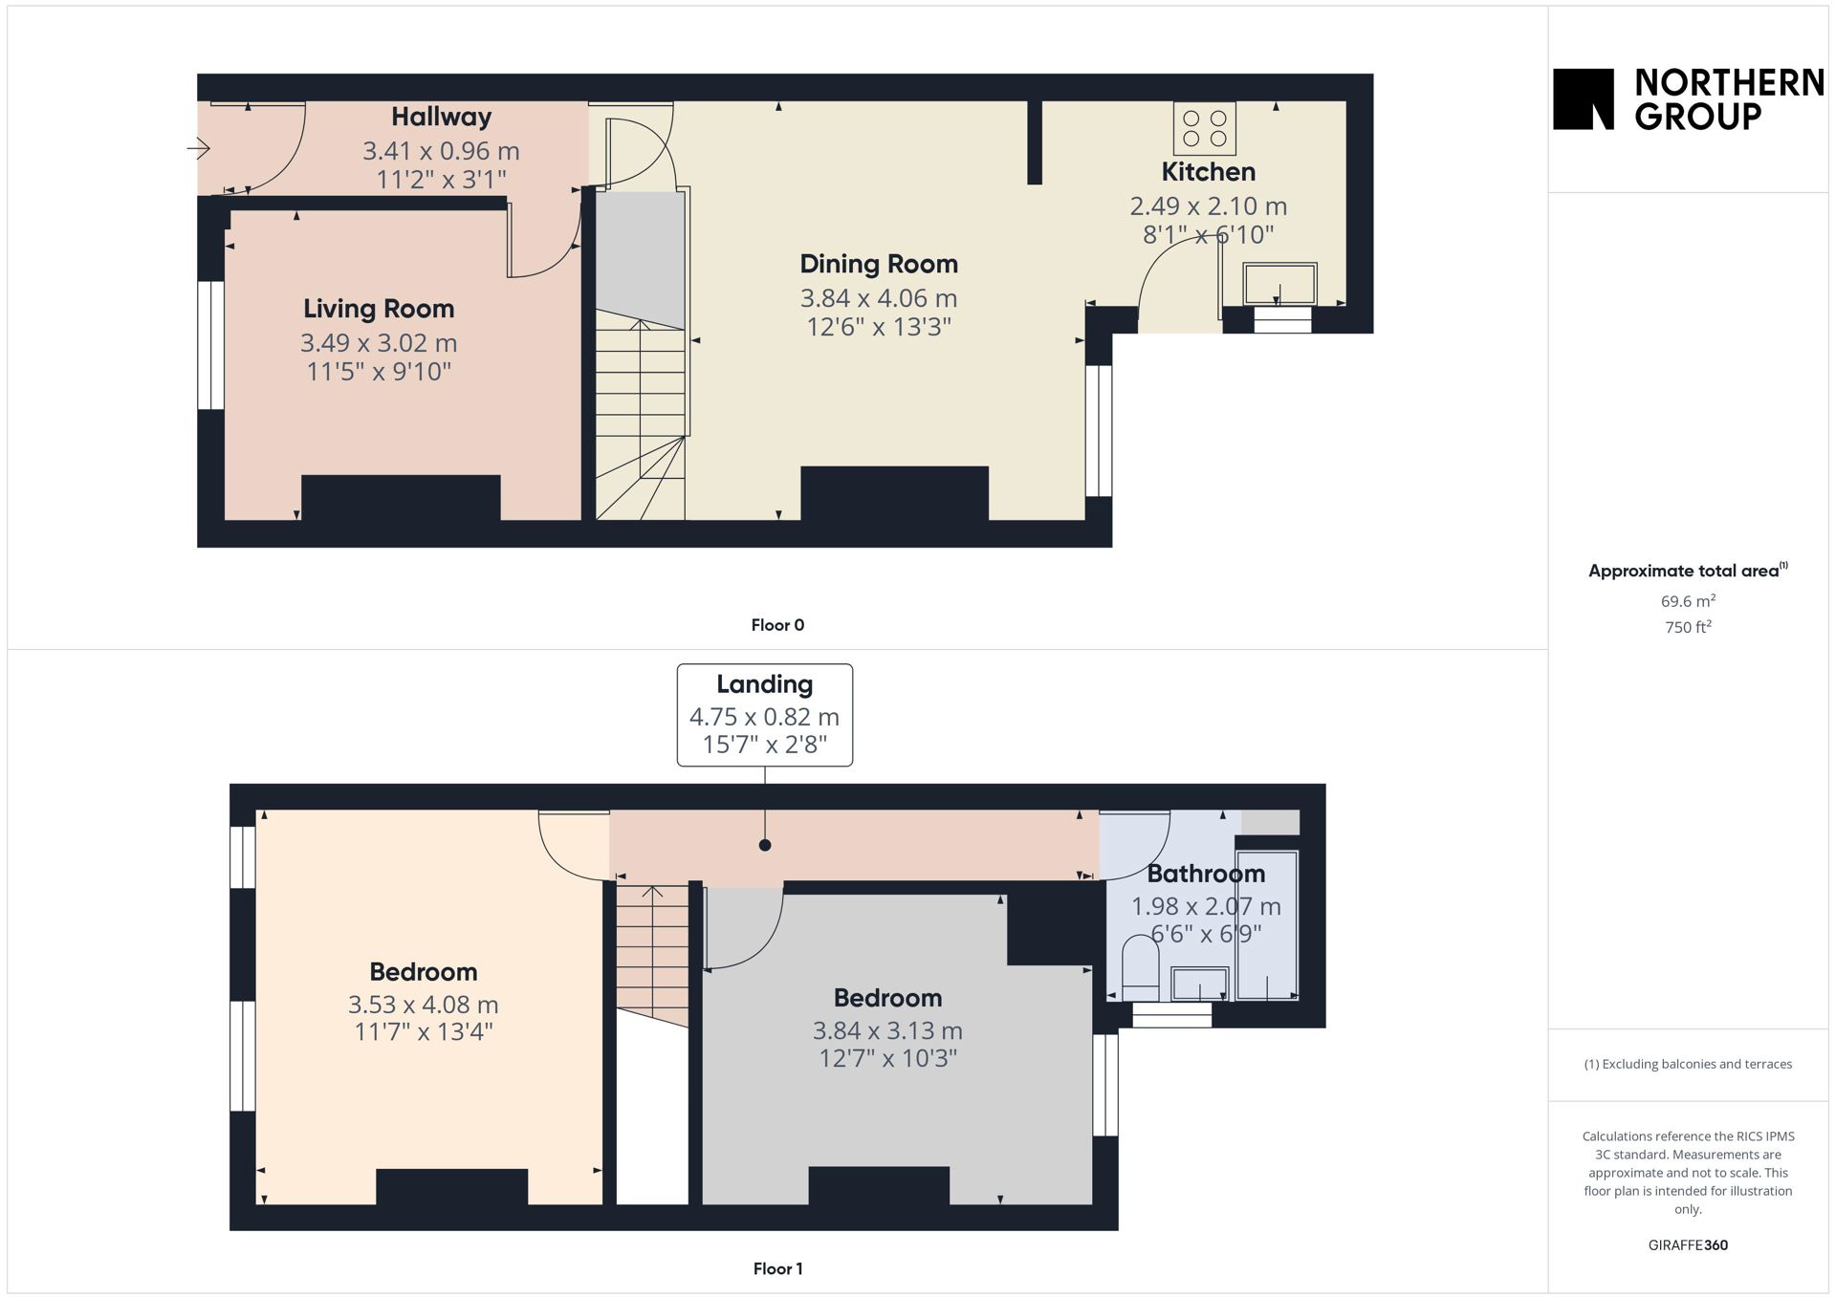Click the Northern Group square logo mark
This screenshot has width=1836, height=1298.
[1583, 98]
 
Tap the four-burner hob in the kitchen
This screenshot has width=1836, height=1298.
[1205, 128]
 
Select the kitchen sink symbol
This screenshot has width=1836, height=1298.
[1279, 285]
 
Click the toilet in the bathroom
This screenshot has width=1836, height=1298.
[1140, 967]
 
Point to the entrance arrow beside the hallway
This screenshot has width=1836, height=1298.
[198, 148]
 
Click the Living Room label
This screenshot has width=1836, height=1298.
[379, 309]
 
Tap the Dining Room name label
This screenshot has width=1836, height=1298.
[879, 264]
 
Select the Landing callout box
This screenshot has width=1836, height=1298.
[765, 715]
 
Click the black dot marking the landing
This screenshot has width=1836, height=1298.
[765, 845]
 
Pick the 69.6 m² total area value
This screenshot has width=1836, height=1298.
[1688, 601]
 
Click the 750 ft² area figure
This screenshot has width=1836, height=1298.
[1688, 627]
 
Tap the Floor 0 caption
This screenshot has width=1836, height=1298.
[777, 625]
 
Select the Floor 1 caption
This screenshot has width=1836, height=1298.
[777, 1268]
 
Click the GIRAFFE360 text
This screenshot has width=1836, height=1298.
[1688, 1244]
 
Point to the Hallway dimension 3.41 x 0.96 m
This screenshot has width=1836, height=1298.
[441, 151]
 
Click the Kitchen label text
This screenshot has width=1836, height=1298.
[1209, 172]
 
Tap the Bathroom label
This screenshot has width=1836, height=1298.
[1206, 874]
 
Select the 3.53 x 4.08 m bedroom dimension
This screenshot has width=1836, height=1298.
[423, 1005]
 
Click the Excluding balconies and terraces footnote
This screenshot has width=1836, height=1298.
[1688, 1064]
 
